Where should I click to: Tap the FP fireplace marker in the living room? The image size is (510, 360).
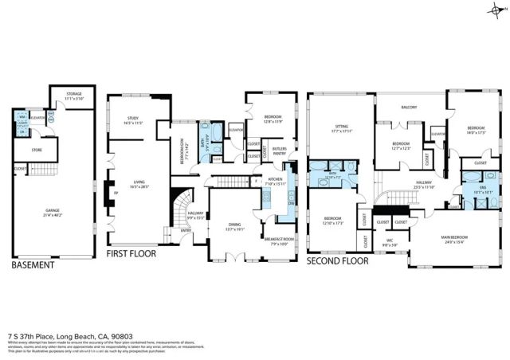click(x=116, y=192)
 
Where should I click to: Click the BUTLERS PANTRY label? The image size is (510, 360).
click(x=280, y=151)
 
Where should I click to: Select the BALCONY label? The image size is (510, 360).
click(x=409, y=107)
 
